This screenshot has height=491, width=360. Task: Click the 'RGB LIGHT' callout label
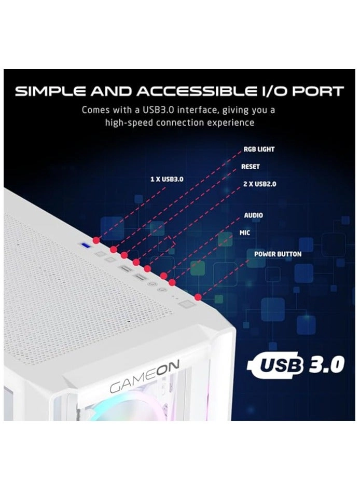(259, 149)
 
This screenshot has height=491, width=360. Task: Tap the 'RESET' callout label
(251, 167)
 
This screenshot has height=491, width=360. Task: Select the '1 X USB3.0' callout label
(167, 179)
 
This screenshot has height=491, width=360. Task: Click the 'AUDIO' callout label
(253, 215)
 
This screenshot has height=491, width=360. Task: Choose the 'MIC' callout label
(245, 233)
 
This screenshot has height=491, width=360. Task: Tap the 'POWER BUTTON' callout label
(278, 254)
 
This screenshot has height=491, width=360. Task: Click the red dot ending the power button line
(198, 297)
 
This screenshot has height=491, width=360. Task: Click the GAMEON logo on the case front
(145, 383)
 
